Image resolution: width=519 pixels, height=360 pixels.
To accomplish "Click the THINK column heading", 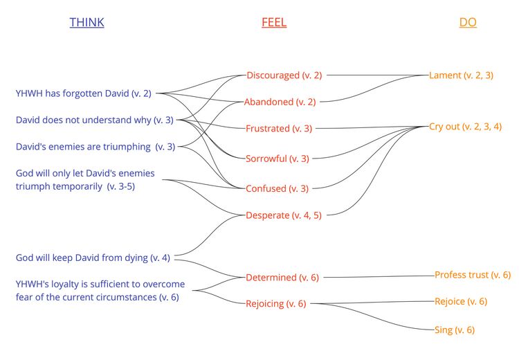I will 86,22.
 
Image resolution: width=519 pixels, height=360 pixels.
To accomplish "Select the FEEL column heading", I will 274,22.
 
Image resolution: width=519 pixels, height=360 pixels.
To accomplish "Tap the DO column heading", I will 468,22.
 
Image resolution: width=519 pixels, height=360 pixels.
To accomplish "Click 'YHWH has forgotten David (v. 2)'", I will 83,93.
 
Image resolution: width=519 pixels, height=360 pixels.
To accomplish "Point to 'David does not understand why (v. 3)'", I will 94,120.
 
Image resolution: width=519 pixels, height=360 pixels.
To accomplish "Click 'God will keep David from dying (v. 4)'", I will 93,258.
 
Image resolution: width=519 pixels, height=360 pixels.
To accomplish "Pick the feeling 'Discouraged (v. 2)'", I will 284,75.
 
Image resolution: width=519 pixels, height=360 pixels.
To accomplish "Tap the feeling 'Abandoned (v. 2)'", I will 280,102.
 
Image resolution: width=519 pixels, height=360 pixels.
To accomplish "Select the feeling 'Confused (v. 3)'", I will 277,188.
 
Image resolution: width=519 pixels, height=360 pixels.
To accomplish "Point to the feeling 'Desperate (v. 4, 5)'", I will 283,215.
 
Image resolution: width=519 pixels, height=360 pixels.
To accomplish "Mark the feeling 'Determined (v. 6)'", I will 282,278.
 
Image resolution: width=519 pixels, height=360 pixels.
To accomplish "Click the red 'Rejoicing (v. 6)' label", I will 276,303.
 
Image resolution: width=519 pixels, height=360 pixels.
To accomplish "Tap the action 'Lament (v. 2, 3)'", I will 461,75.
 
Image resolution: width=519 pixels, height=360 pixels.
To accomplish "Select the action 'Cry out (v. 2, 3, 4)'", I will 465,126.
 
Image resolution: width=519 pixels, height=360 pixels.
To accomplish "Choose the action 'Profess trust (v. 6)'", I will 473,275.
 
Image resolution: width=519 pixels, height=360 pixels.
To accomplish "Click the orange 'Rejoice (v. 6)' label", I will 461,301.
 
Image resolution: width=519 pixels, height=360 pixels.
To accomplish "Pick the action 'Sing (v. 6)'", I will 454,330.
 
